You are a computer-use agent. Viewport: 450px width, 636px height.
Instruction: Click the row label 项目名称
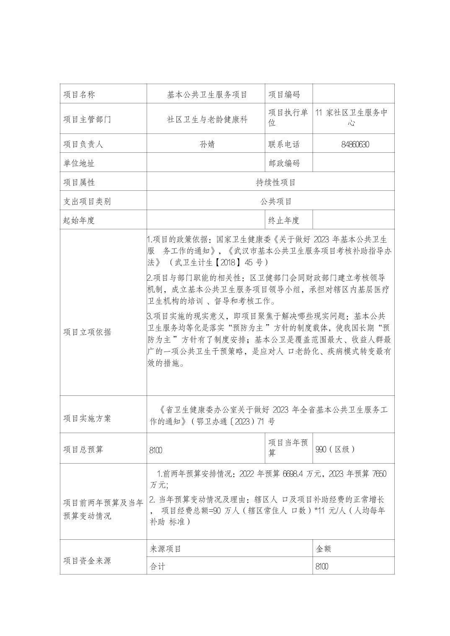click(79, 95)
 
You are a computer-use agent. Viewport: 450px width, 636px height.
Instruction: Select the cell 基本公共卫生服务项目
click(207, 95)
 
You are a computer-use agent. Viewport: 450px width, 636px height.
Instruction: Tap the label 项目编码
click(284, 95)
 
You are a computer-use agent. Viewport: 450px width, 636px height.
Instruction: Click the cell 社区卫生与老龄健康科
click(207, 119)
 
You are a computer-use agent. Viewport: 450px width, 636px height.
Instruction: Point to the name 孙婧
click(207, 144)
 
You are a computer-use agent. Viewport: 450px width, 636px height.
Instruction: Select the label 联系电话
click(284, 144)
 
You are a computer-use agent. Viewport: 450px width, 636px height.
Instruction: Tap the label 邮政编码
click(284, 163)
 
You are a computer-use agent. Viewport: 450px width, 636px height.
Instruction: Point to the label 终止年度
click(284, 221)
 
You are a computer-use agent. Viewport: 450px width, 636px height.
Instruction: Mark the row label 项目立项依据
click(87, 332)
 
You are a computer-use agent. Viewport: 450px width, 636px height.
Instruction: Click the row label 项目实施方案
click(87, 418)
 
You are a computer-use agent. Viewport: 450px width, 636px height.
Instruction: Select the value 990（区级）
click(335, 449)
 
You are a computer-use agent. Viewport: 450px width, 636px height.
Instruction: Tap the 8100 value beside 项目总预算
click(156, 450)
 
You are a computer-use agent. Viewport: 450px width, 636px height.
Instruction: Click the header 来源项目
click(166, 549)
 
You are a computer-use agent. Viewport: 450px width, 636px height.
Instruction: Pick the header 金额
click(323, 549)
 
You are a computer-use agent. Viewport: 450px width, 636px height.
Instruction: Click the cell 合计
click(158, 567)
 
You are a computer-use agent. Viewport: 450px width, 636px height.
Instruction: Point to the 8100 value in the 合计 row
click(322, 567)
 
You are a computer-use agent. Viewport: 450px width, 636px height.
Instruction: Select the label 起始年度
click(79, 221)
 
